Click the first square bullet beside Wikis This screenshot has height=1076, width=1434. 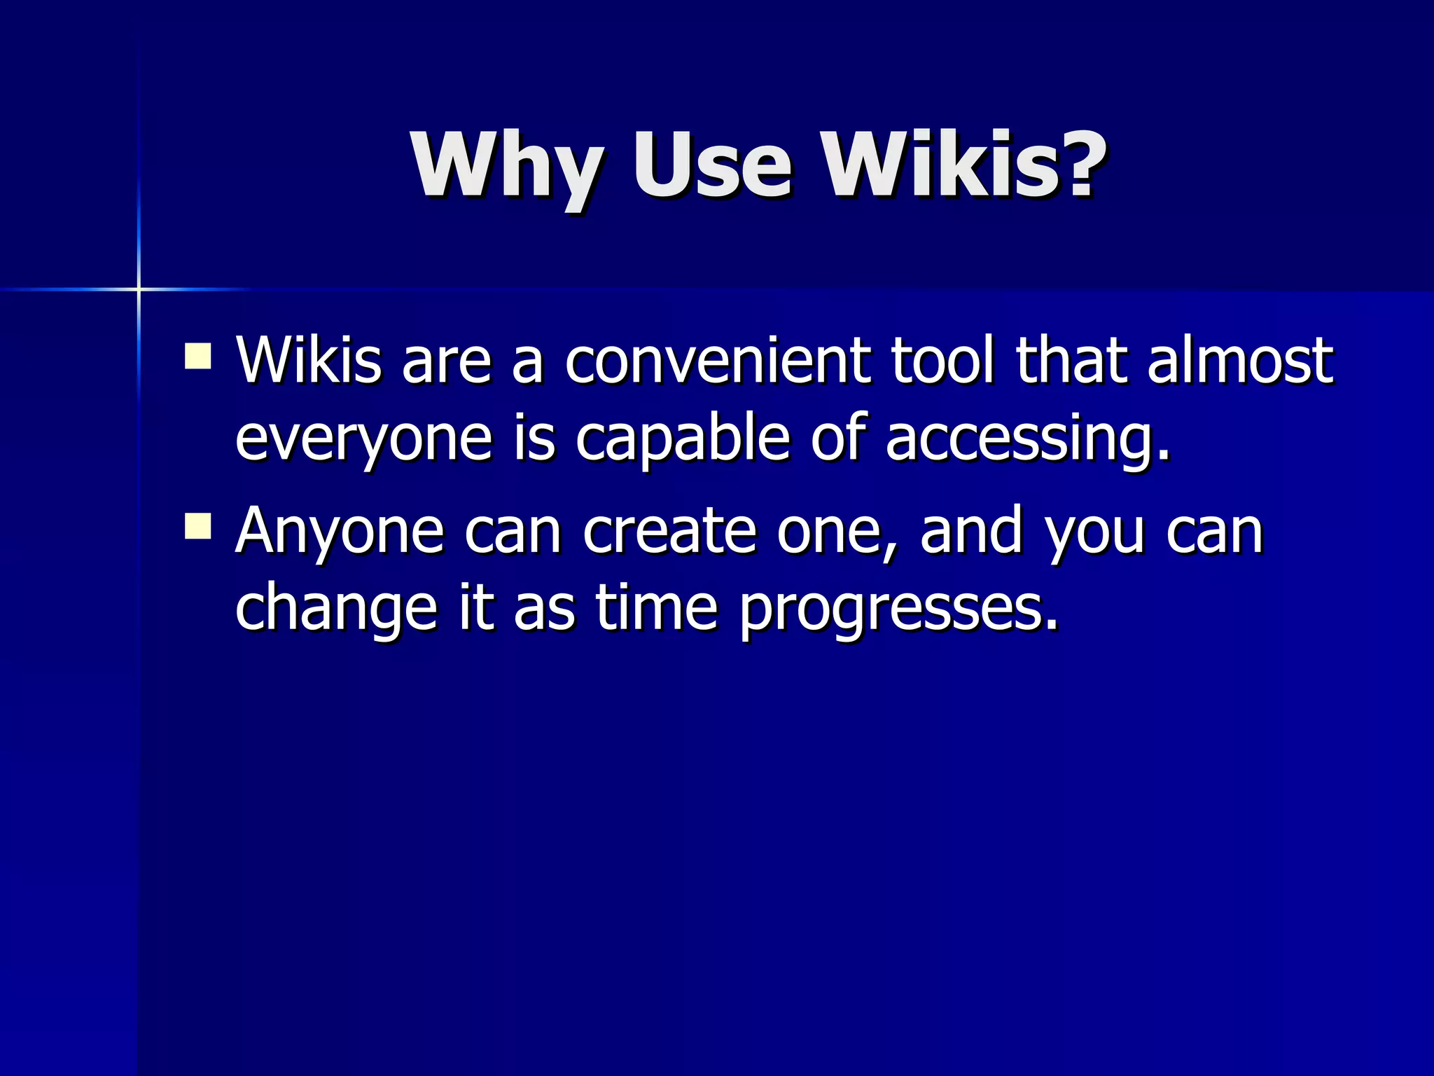[x=198, y=355]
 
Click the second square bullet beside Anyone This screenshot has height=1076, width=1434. [x=198, y=525]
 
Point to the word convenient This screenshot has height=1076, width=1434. [x=717, y=360]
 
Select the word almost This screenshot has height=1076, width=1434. [x=1240, y=360]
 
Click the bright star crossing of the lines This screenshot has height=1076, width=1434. [x=139, y=289]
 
